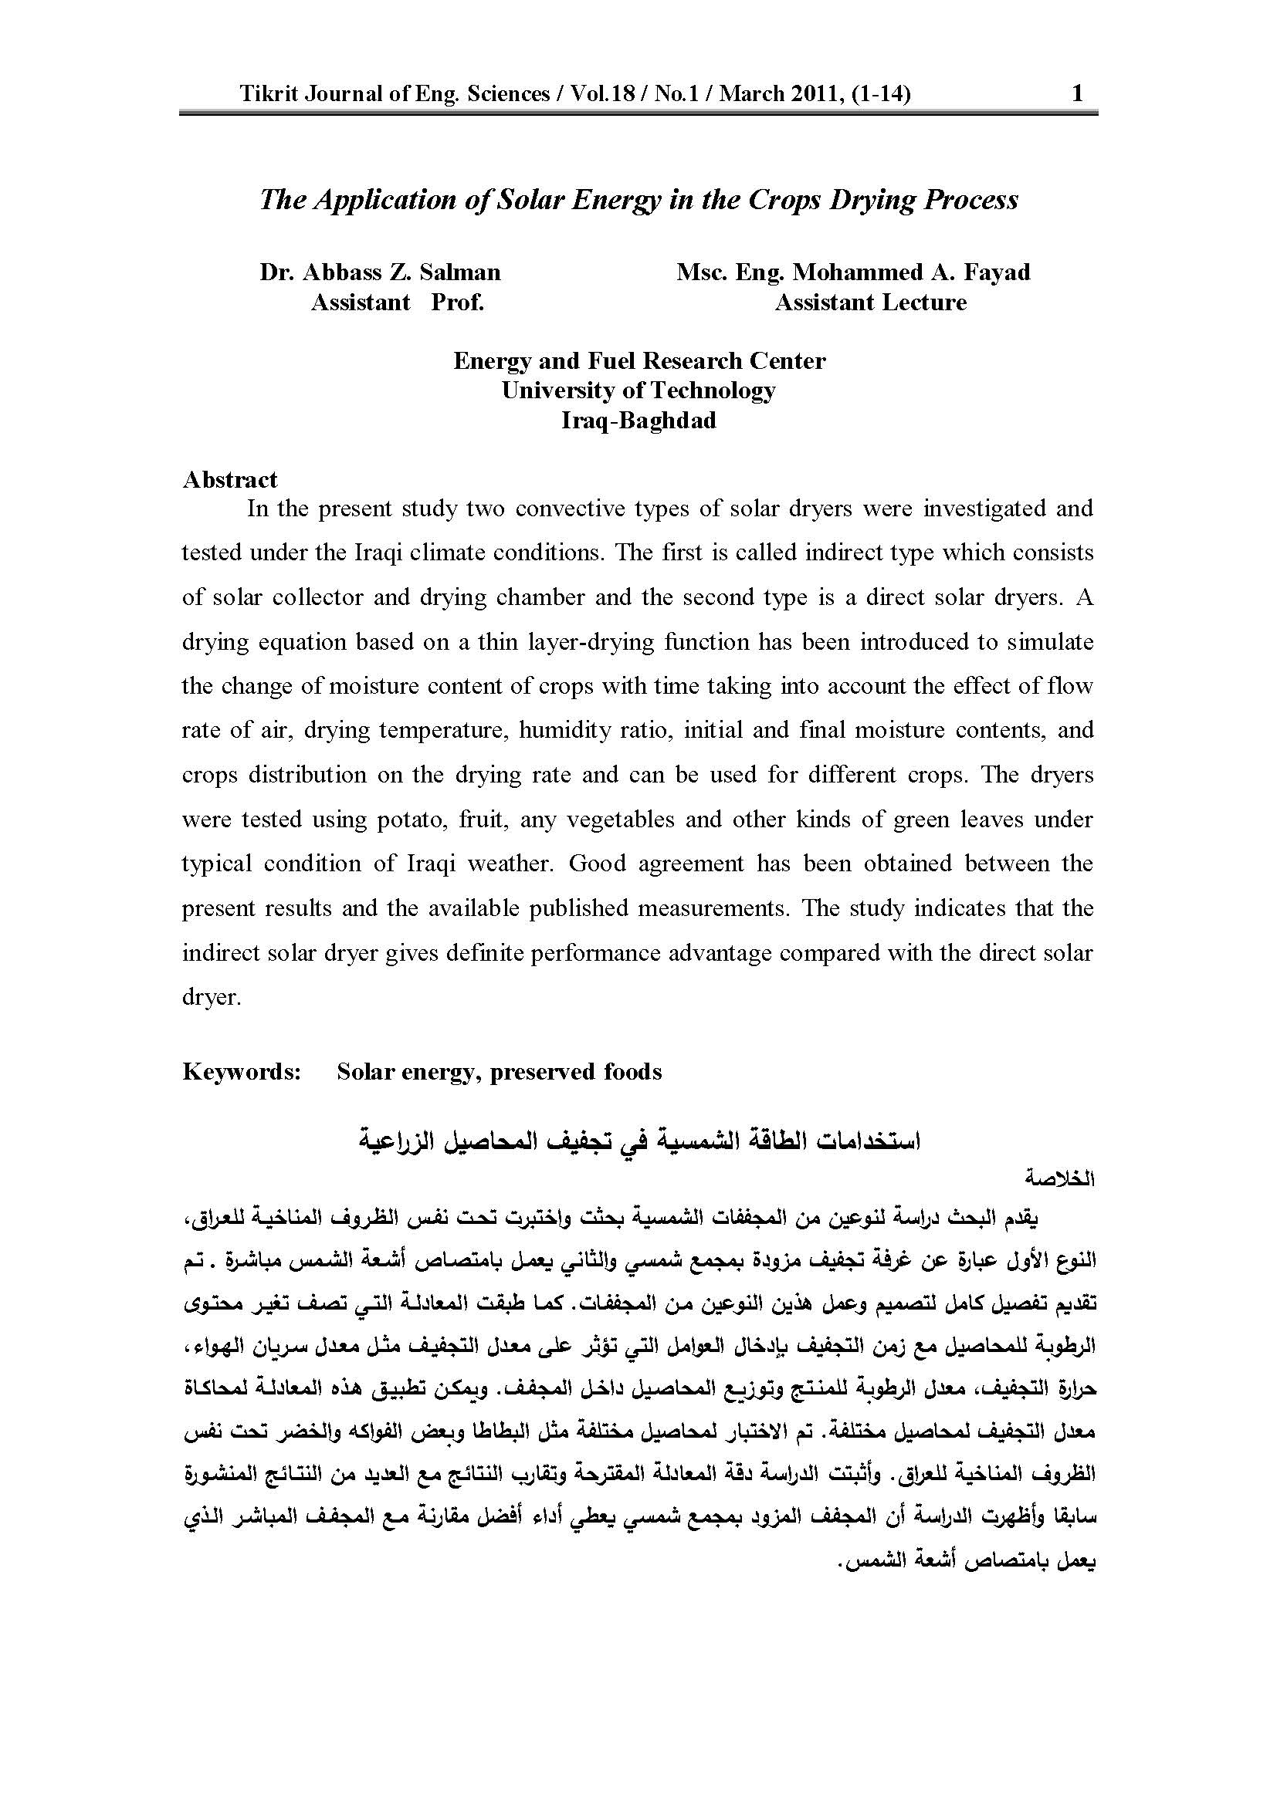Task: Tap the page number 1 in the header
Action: pyautogui.click(x=1078, y=94)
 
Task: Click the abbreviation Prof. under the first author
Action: pyautogui.click(x=458, y=302)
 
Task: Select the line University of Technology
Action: pyautogui.click(x=638, y=390)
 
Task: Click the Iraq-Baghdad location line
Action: pyautogui.click(x=638, y=420)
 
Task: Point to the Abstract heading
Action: pyautogui.click(x=229, y=479)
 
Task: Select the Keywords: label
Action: pyautogui.click(x=242, y=1072)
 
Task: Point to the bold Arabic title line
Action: pyautogui.click(x=638, y=1141)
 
